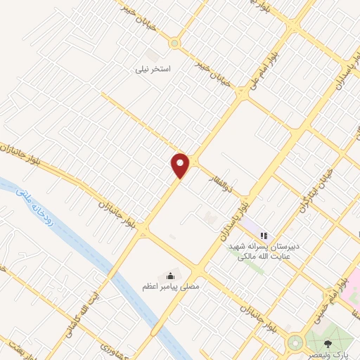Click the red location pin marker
click(x=181, y=165)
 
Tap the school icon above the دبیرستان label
click(x=264, y=235)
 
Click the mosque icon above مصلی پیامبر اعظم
click(x=170, y=274)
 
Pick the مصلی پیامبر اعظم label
click(x=171, y=286)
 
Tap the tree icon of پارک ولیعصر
click(x=328, y=344)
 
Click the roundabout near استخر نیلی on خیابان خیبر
click(x=174, y=42)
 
